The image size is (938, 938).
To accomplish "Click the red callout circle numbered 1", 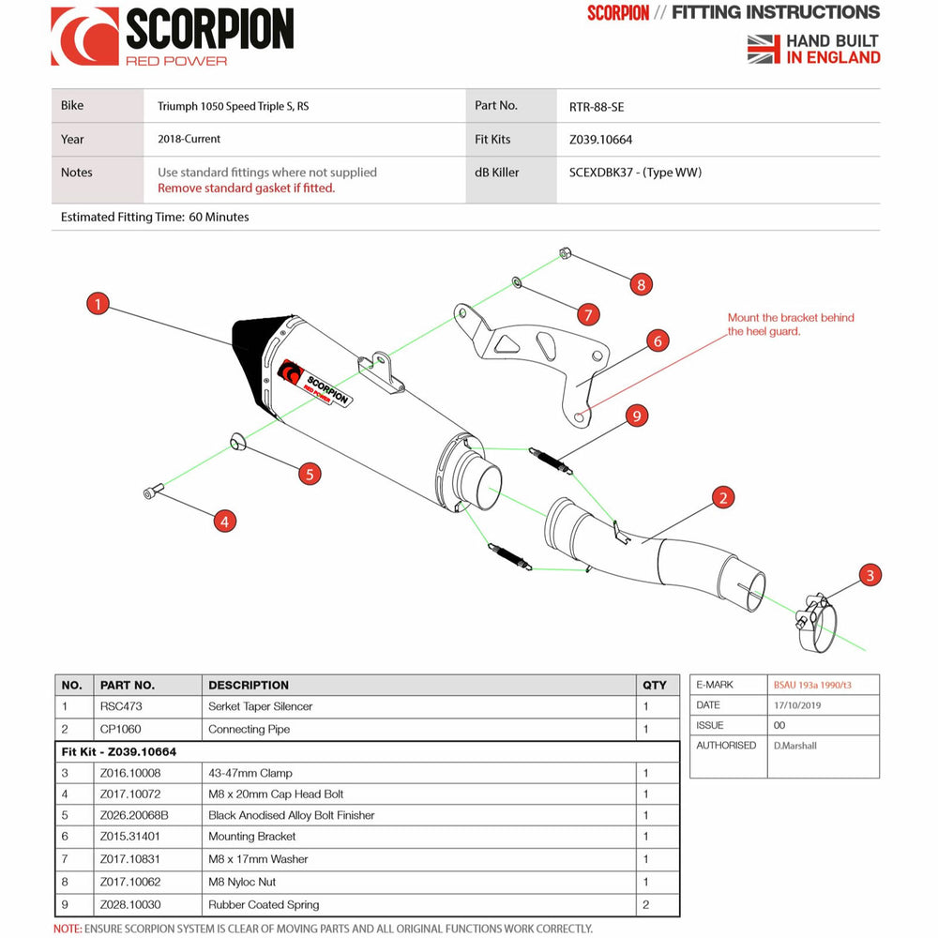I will tap(98, 304).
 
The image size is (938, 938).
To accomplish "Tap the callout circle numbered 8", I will tap(641, 284).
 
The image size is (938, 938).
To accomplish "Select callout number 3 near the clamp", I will tap(870, 576).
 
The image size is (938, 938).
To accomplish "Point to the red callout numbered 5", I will tap(310, 474).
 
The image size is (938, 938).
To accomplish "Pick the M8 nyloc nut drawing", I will tap(566, 253).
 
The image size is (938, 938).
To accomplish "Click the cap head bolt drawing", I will tap(154, 492).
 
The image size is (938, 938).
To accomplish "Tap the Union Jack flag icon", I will tap(764, 49).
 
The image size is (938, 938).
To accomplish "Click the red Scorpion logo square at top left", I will tap(84, 37).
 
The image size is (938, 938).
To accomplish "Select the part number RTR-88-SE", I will tap(596, 107).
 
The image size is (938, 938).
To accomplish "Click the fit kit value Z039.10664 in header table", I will tap(600, 140).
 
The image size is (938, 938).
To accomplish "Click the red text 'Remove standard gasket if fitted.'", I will tap(246, 188).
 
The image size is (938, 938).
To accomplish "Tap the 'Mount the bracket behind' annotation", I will tap(791, 318).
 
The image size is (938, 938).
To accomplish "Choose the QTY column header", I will tap(655, 685).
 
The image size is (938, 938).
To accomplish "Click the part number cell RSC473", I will tap(121, 706).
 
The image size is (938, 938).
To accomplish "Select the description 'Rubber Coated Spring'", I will tap(264, 905).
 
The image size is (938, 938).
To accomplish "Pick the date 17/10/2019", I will tap(800, 705).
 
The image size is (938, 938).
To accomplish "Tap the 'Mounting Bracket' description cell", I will tap(251, 837).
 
